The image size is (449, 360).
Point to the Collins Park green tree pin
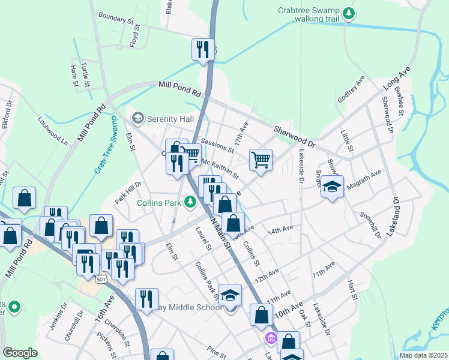pos(190,203)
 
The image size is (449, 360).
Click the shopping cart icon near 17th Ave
pos(261,160)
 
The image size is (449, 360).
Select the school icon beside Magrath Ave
pos(332,187)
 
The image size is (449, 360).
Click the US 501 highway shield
pos(100,278)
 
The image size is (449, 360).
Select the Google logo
pos(20,353)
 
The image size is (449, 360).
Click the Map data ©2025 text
pos(423,355)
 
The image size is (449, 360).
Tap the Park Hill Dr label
pos(128,193)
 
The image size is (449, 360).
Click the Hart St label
pos(352,290)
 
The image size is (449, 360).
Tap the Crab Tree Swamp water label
pos(106,145)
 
